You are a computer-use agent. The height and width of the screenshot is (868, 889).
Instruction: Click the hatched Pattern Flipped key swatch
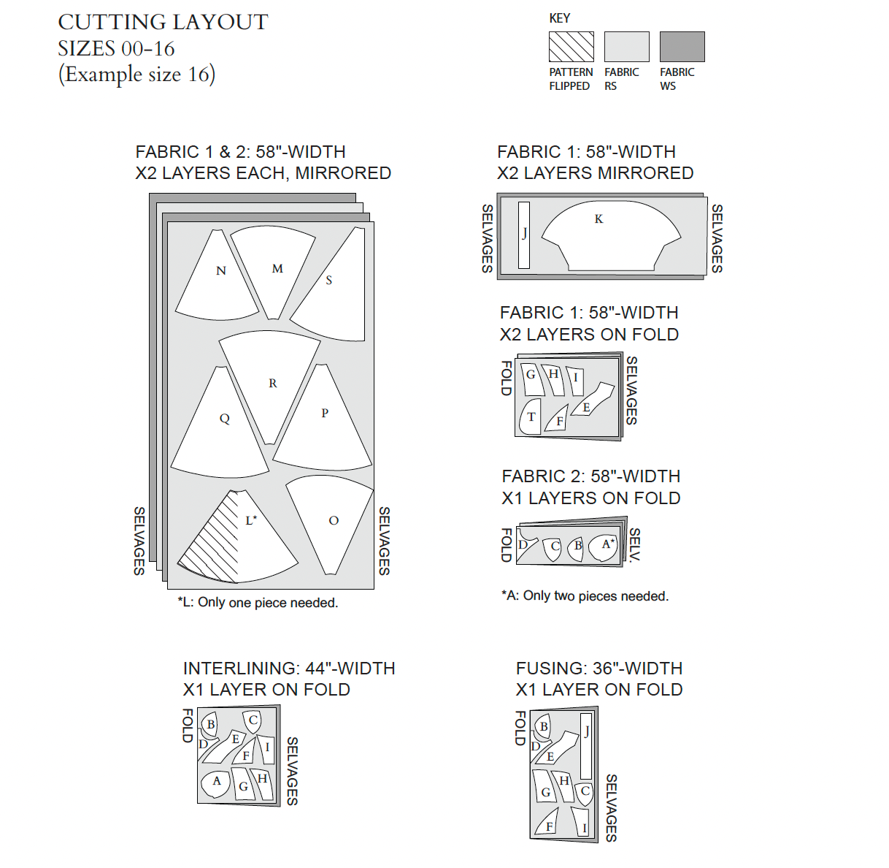pyautogui.click(x=571, y=47)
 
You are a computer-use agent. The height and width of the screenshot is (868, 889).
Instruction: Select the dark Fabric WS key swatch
pyautogui.click(x=682, y=47)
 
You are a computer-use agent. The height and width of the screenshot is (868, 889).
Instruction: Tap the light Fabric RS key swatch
pyautogui.click(x=626, y=47)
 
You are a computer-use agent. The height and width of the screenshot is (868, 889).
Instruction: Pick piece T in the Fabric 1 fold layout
pyautogui.click(x=531, y=417)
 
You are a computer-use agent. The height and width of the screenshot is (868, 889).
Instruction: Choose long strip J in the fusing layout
pyautogui.click(x=585, y=745)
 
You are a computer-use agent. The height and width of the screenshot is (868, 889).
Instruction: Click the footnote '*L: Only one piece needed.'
pyautogui.click(x=258, y=603)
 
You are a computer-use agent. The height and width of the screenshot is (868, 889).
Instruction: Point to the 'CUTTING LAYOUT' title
pyautogui.click(x=163, y=23)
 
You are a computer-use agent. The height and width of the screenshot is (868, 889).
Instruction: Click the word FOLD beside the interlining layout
pyautogui.click(x=188, y=725)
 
